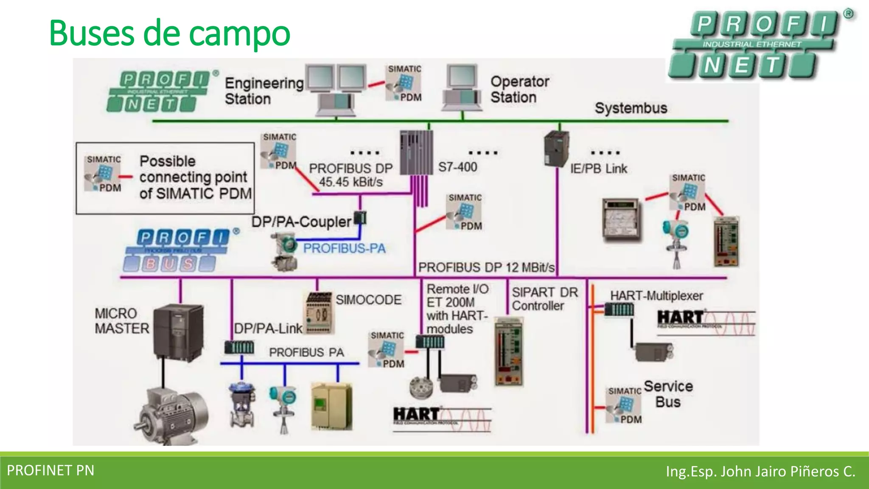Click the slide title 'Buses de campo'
pos(170,33)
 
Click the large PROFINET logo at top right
pos(760,45)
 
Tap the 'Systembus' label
pos(631,108)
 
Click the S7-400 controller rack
pos(416,153)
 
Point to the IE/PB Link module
pos(556,149)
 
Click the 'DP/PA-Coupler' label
pos(301,222)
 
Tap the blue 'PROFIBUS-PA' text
pos(344,248)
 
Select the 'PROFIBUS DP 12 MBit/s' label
pos(486,268)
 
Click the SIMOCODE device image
pos(319,313)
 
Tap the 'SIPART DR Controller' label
pos(544,299)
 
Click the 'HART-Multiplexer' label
pos(656,296)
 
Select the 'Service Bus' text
pos(668,394)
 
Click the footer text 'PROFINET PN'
pos(50,470)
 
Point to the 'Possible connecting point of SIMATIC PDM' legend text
pos(195,177)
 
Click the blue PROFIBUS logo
pos(180,250)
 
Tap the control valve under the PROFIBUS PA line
pos(242,405)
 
